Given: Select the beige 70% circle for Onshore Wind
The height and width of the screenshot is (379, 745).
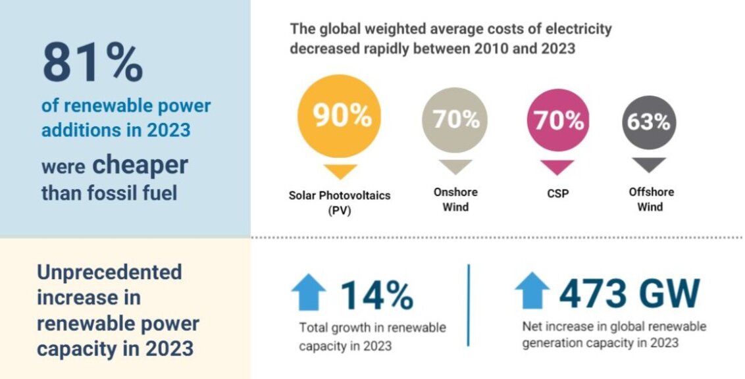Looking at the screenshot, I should pyautogui.click(x=455, y=120).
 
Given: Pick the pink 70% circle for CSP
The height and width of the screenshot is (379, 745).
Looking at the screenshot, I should pyautogui.click(x=558, y=120).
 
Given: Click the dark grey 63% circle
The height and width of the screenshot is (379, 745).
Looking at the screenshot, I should pyautogui.click(x=649, y=122).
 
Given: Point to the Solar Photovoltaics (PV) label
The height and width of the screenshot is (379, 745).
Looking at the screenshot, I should pyautogui.click(x=339, y=202).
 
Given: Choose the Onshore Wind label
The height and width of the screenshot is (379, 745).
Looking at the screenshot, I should pyautogui.click(x=455, y=199).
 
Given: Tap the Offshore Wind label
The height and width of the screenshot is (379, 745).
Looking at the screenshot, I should pyautogui.click(x=650, y=199).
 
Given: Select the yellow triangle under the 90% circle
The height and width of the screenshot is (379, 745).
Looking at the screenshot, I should pyautogui.click(x=339, y=171).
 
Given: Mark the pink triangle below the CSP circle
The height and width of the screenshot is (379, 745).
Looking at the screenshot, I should pyautogui.click(x=558, y=166).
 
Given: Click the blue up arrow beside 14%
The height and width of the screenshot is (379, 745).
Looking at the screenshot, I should pyautogui.click(x=309, y=292).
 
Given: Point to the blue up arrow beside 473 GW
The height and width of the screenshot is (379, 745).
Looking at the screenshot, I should pyautogui.click(x=532, y=291).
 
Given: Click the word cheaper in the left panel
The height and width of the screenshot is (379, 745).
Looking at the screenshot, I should pyautogui.click(x=140, y=165).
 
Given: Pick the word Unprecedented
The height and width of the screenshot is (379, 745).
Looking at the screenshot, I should pyautogui.click(x=109, y=272).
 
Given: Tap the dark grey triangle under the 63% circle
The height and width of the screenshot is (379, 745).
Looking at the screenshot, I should pyautogui.click(x=649, y=164).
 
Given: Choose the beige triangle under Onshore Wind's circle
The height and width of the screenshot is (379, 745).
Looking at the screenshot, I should pyautogui.click(x=455, y=166).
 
